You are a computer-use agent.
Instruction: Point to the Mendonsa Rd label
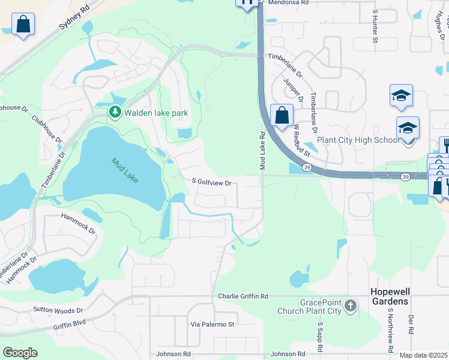point(288,3)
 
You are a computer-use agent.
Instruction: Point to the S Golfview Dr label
point(212,181)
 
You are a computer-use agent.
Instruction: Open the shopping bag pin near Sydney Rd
point(23,25)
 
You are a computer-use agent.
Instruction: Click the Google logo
point(20,353)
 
